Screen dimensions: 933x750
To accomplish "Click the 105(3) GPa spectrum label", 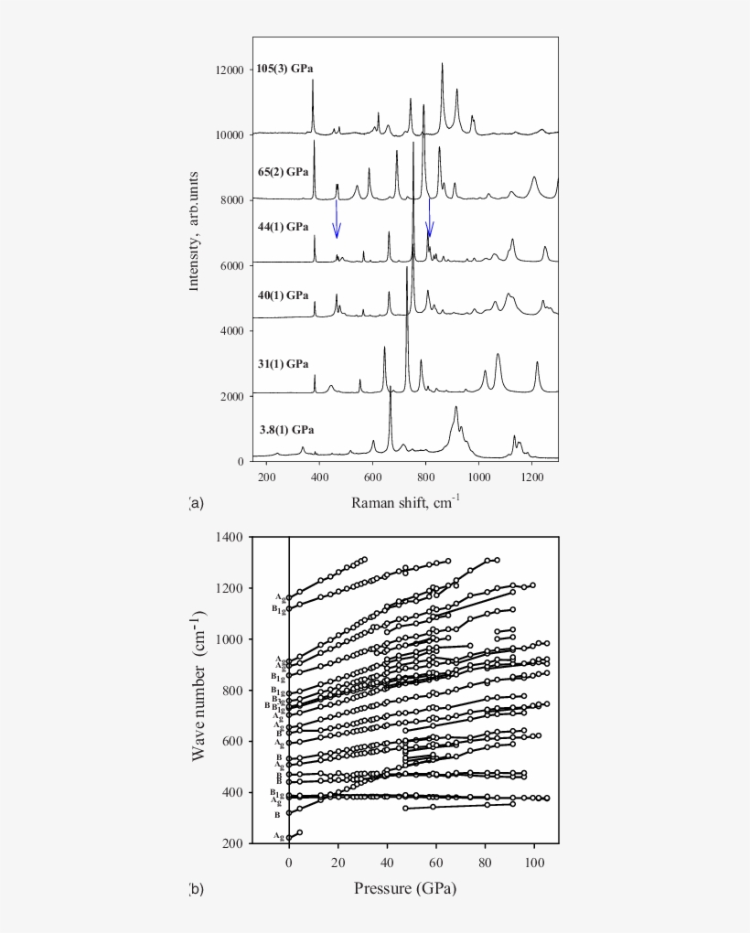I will click(x=284, y=69).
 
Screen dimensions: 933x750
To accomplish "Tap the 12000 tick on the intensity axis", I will click(x=228, y=70).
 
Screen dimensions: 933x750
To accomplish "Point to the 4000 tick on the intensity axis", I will click(x=231, y=331).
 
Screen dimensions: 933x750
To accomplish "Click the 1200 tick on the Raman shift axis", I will click(x=531, y=477).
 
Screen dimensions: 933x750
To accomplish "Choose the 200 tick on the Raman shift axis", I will click(x=267, y=477).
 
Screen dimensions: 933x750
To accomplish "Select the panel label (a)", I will click(x=195, y=502).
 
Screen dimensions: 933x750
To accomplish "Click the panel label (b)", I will click(x=195, y=888).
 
